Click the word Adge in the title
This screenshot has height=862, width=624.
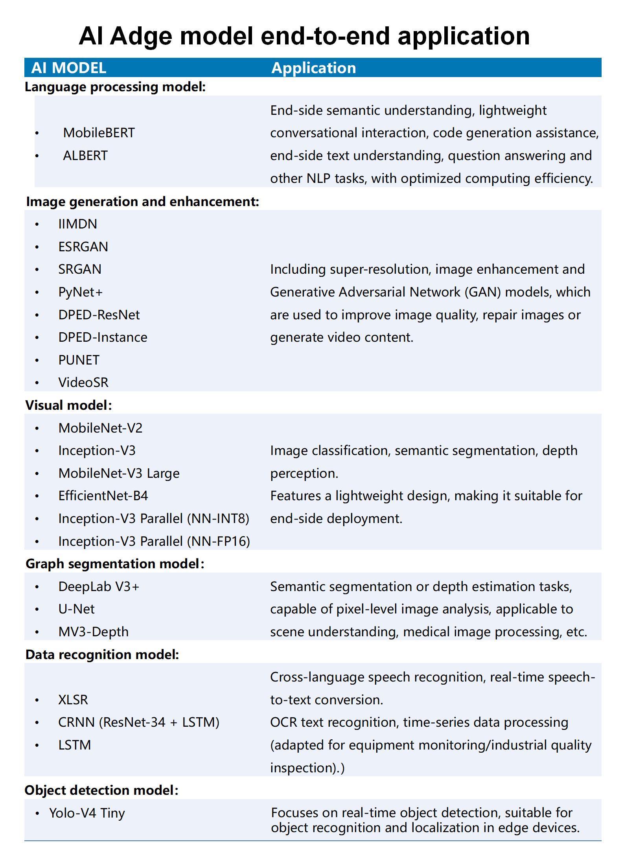click(x=141, y=37)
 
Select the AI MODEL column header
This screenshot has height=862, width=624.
click(x=69, y=68)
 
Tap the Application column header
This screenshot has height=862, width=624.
click(x=313, y=68)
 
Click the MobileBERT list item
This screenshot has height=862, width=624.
click(x=99, y=133)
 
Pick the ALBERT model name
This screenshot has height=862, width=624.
click(x=85, y=156)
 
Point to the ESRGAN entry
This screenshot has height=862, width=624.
click(x=83, y=247)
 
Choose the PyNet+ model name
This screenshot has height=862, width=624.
click(x=80, y=292)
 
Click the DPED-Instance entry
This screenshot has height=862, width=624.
click(x=103, y=337)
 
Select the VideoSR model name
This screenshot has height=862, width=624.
click(x=83, y=383)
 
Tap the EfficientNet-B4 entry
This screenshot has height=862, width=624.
click(x=103, y=496)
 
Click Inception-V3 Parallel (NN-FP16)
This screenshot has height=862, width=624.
click(x=154, y=542)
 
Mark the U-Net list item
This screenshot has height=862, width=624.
click(x=76, y=609)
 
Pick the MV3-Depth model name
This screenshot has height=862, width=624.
click(x=93, y=632)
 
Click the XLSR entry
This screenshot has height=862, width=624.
click(x=73, y=700)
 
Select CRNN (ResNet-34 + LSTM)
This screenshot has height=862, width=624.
click(x=139, y=722)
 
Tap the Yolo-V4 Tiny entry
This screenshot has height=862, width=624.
click(x=87, y=813)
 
